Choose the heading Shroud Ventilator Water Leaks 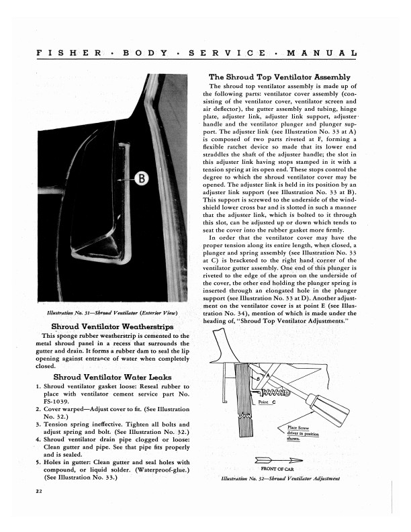tap(107, 377)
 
